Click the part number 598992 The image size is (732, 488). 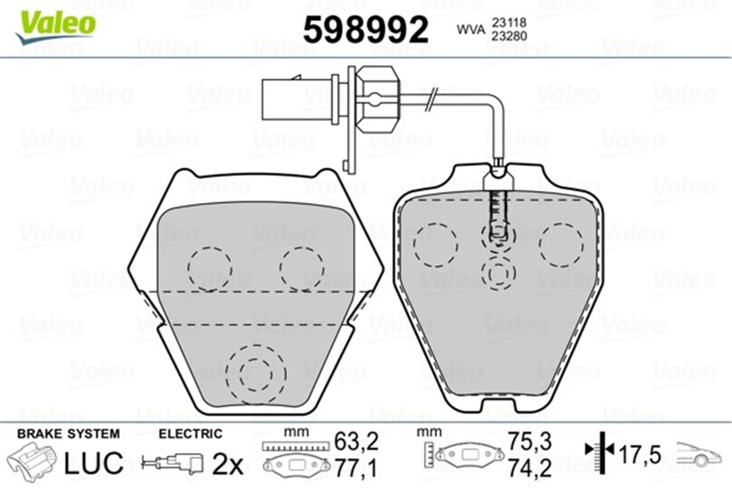click(365, 30)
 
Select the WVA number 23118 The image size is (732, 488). click(509, 23)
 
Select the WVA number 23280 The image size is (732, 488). click(509, 36)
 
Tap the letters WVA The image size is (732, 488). click(470, 30)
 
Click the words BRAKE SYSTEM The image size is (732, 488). click(68, 434)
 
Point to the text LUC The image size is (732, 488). click(95, 463)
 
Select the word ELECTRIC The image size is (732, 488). click(190, 434)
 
